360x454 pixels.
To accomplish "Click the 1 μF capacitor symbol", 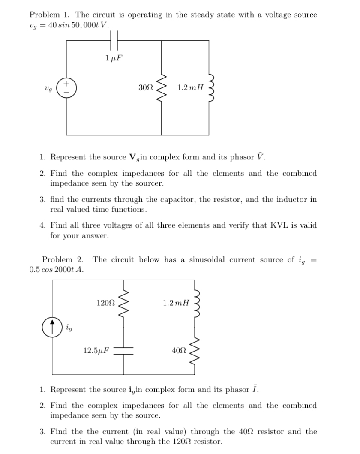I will [x=114, y=41].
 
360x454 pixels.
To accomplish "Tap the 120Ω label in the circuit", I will [x=106, y=303].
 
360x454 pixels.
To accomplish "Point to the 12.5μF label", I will [x=96, y=350].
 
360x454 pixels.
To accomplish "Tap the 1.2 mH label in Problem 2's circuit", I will [x=176, y=303].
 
